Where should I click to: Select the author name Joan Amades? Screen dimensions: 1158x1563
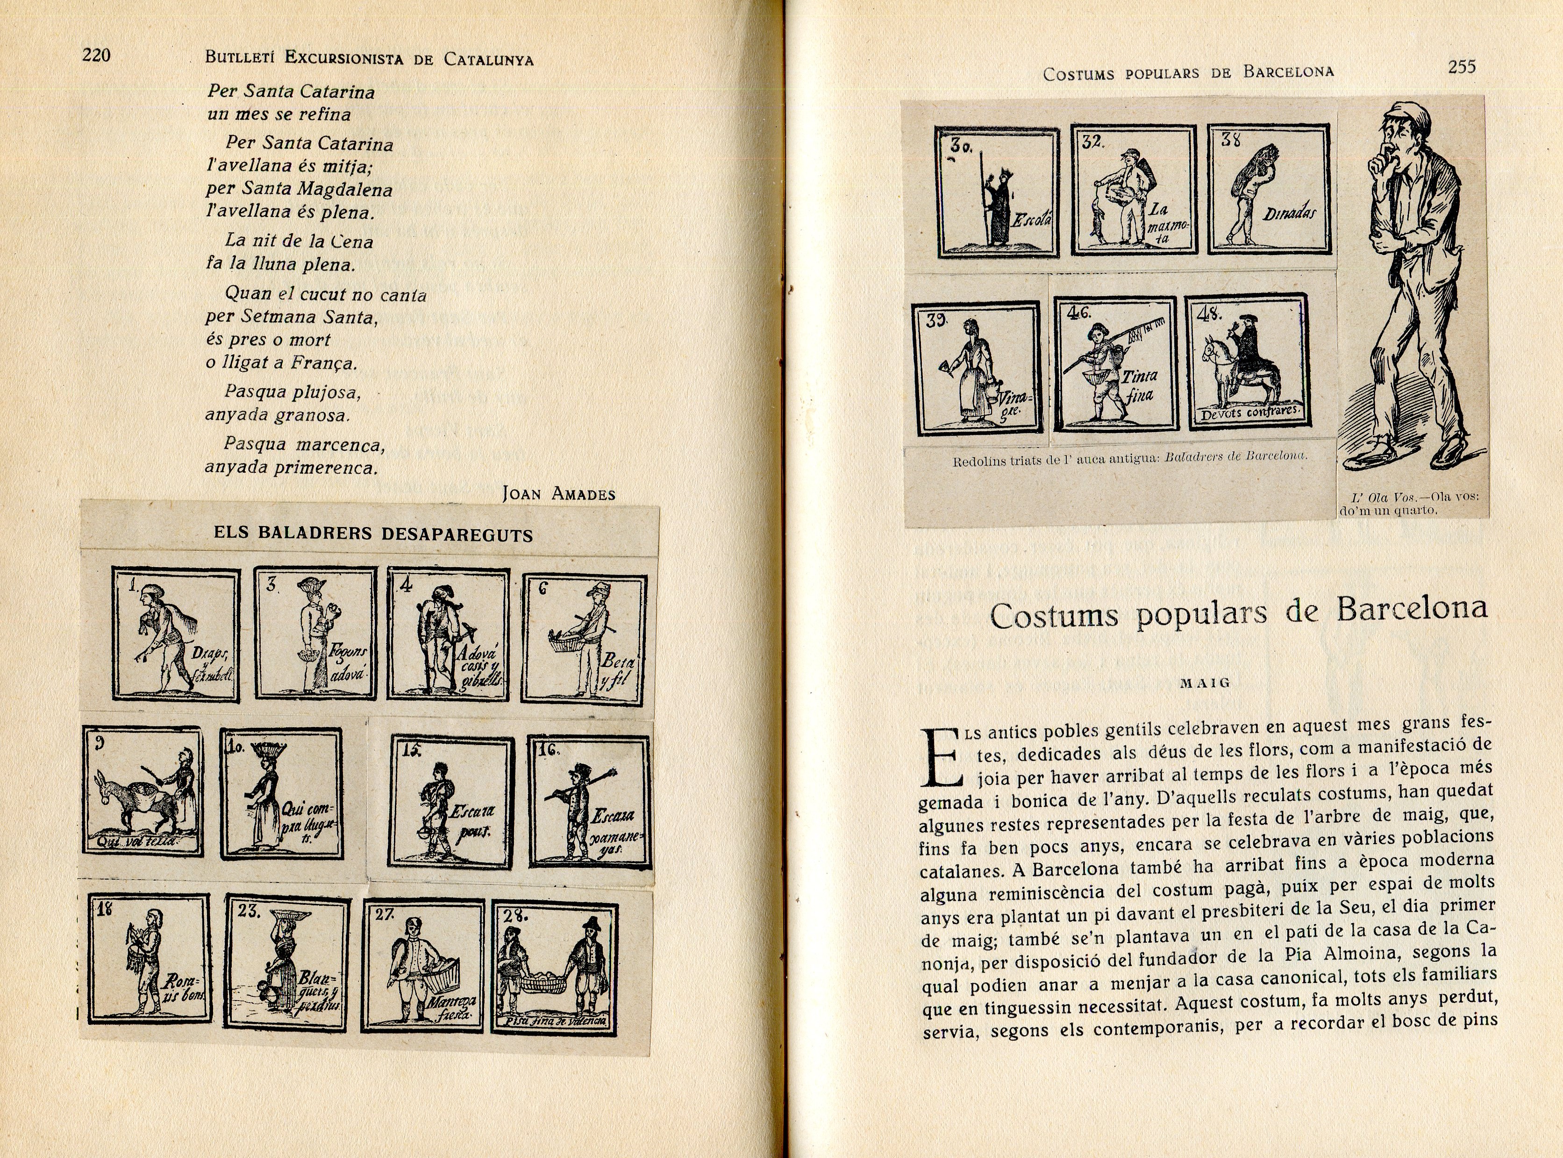coord(558,493)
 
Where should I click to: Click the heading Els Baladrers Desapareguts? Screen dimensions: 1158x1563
coord(373,534)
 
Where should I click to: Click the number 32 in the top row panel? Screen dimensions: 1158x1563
coord(1092,142)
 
